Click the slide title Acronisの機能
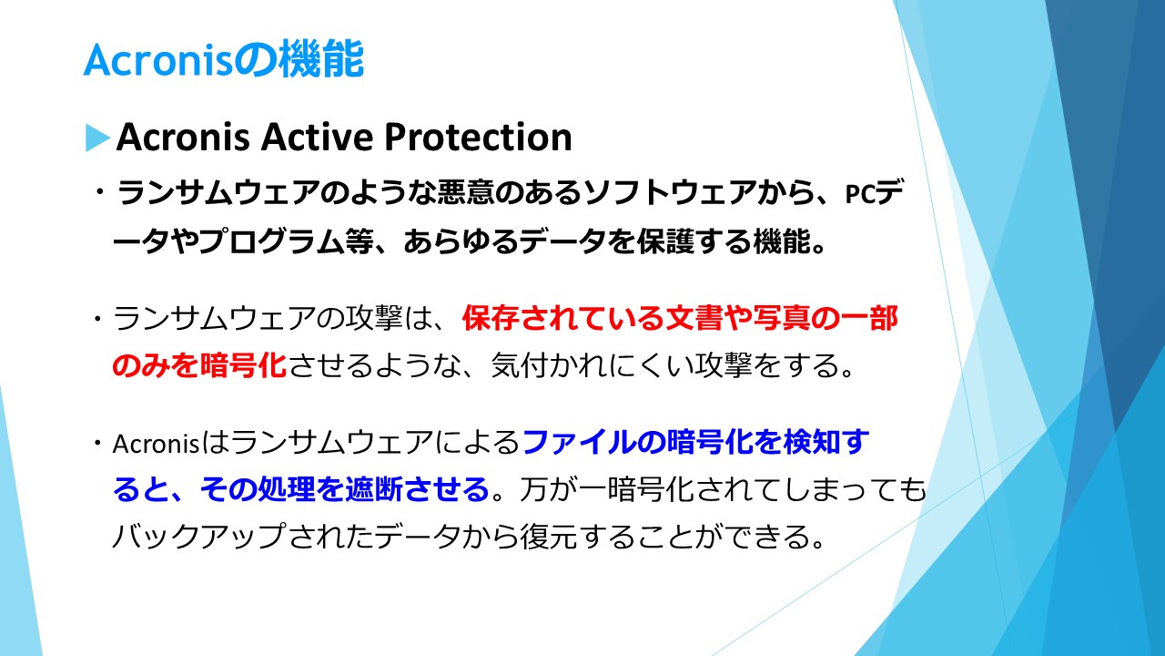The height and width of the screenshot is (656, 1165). click(x=223, y=59)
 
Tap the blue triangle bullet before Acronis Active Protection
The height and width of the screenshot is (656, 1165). click(x=97, y=138)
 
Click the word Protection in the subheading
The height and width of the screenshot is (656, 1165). click(x=478, y=137)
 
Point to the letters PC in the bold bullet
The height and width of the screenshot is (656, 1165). click(x=860, y=194)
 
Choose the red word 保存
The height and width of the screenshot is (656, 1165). click(x=490, y=318)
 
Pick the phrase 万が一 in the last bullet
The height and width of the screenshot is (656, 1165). click(x=563, y=489)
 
